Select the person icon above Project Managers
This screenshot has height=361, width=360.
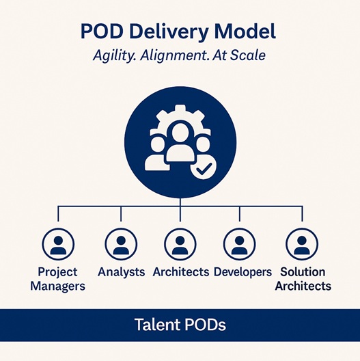(57, 243)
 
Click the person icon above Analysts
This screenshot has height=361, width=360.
(121, 243)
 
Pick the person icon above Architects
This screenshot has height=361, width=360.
(180, 243)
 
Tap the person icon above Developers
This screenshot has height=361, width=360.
(240, 243)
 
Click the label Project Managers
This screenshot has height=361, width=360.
(57, 279)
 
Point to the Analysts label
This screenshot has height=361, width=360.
(121, 272)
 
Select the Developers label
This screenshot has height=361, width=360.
(242, 272)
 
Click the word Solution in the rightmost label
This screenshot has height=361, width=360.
(303, 272)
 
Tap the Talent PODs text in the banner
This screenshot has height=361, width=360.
(180, 325)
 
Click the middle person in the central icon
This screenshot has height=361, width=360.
(180, 144)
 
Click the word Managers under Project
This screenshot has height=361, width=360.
(57, 286)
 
